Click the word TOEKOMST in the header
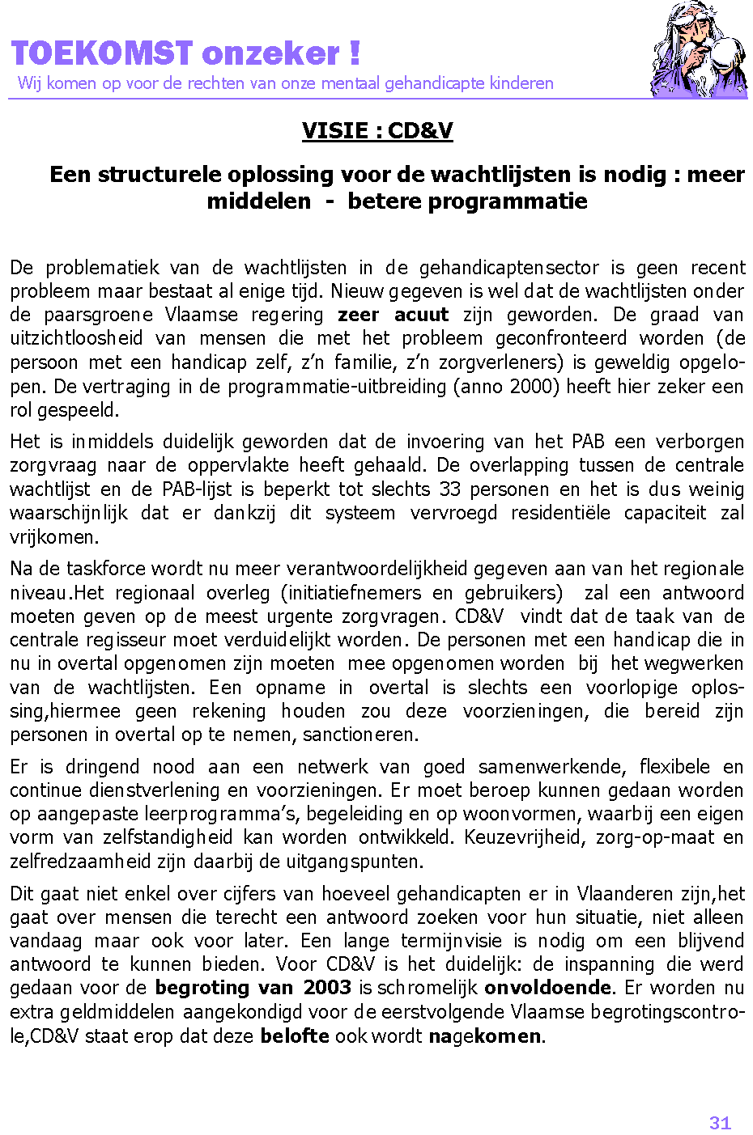click(102, 53)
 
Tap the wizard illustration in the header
click(698, 50)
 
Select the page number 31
click(720, 1123)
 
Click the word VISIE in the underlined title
click(334, 130)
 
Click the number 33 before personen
click(450, 489)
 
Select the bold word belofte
click(295, 1035)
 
